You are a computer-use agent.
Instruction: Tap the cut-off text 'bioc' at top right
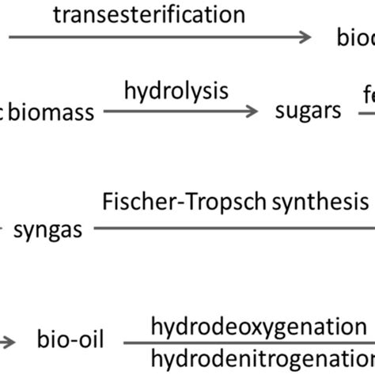click(352, 38)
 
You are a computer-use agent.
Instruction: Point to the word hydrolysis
click(176, 91)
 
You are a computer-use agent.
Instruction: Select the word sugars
click(309, 112)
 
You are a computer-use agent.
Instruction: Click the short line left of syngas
click(5, 229)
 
